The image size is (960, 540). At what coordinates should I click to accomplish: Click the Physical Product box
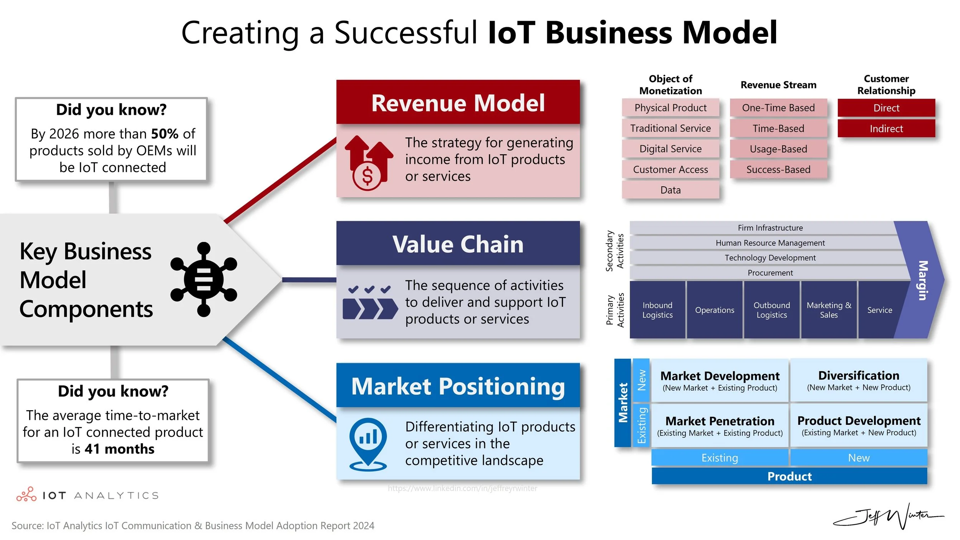click(x=670, y=108)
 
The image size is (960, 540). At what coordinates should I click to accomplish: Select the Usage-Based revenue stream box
click(x=778, y=149)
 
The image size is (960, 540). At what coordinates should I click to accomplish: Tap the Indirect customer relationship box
click(x=886, y=129)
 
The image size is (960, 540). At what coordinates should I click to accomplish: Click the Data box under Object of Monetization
click(x=670, y=190)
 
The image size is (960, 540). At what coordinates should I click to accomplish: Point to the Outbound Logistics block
click(x=771, y=310)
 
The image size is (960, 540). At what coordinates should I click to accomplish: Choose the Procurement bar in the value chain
click(x=770, y=273)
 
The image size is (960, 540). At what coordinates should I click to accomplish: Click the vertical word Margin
click(x=922, y=280)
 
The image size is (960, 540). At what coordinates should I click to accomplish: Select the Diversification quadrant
click(x=858, y=380)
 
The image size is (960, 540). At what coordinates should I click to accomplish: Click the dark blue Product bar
click(x=789, y=476)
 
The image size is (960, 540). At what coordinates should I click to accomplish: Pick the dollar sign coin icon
click(x=367, y=176)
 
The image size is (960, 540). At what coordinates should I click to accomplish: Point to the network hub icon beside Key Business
click(x=204, y=280)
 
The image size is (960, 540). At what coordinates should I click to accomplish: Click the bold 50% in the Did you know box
click(x=165, y=134)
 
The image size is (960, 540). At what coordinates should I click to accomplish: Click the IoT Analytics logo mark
click(x=26, y=495)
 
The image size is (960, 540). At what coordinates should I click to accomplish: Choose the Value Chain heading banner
click(x=458, y=244)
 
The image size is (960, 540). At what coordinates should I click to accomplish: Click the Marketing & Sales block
click(x=829, y=310)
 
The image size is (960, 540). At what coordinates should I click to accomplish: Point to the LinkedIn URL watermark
click(x=462, y=488)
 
